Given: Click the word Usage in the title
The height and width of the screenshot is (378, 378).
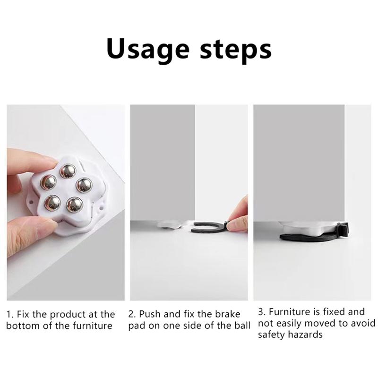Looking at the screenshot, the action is pyautogui.click(x=148, y=50).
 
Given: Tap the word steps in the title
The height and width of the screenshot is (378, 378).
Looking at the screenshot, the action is pyautogui.click(x=235, y=51).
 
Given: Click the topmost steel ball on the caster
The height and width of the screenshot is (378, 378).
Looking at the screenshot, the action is pyautogui.click(x=68, y=171).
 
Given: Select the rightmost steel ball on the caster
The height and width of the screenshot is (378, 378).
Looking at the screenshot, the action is pyautogui.click(x=84, y=185).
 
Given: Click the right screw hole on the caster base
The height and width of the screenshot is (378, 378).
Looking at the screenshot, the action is pyautogui.click(x=101, y=207).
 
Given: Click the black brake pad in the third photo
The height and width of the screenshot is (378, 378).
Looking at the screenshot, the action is pyautogui.click(x=313, y=235).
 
